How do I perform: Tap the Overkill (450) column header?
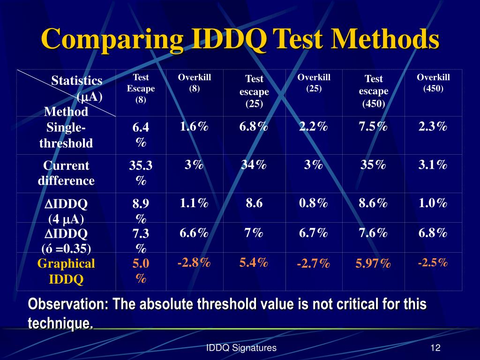pos(433,83)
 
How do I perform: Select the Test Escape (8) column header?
pos(141,88)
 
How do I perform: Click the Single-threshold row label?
pos(66,135)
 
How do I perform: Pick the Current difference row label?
pos(66,173)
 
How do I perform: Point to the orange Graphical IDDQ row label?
pos(66,271)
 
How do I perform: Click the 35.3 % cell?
pos(141,173)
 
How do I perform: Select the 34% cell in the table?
pos(254,165)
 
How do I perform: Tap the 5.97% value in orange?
pos(373,264)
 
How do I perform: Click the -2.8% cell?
pos(194,263)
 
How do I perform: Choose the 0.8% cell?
pos(314,203)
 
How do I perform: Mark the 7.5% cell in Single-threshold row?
pos(373,127)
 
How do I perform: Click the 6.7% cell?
pos(314,233)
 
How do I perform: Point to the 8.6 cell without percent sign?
pos(254,203)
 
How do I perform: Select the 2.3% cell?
pos(433,127)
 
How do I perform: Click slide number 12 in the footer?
pos(435,348)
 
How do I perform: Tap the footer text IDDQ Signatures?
pos(241,348)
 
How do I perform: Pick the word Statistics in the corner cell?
pos(77,81)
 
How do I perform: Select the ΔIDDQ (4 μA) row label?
pos(66,211)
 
